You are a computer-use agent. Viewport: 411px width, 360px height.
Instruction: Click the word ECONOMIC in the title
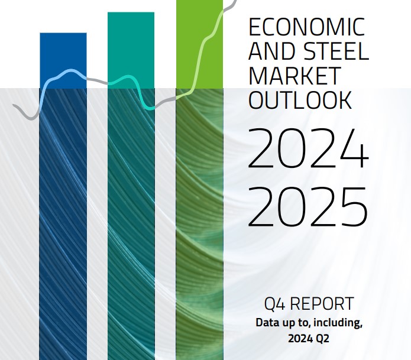[x=307, y=27]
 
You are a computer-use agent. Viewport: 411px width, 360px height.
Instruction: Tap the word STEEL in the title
[x=336, y=51]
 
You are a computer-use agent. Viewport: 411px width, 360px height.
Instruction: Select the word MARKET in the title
[x=295, y=76]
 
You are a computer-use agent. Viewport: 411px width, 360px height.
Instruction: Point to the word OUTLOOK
[x=300, y=100]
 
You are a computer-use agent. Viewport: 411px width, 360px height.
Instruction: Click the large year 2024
[x=308, y=148]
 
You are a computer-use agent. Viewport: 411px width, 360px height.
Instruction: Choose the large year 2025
[x=307, y=207]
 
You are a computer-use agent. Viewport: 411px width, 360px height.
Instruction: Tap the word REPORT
[x=322, y=304]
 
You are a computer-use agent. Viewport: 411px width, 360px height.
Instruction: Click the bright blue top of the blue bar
[x=63, y=60]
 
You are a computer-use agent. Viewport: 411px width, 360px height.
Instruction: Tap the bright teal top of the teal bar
[x=131, y=50]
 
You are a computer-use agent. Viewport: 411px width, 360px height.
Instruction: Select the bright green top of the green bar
[x=199, y=44]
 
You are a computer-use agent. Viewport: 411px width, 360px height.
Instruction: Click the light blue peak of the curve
[x=70, y=70]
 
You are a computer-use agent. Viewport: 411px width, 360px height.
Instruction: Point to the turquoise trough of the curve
[x=150, y=108]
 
